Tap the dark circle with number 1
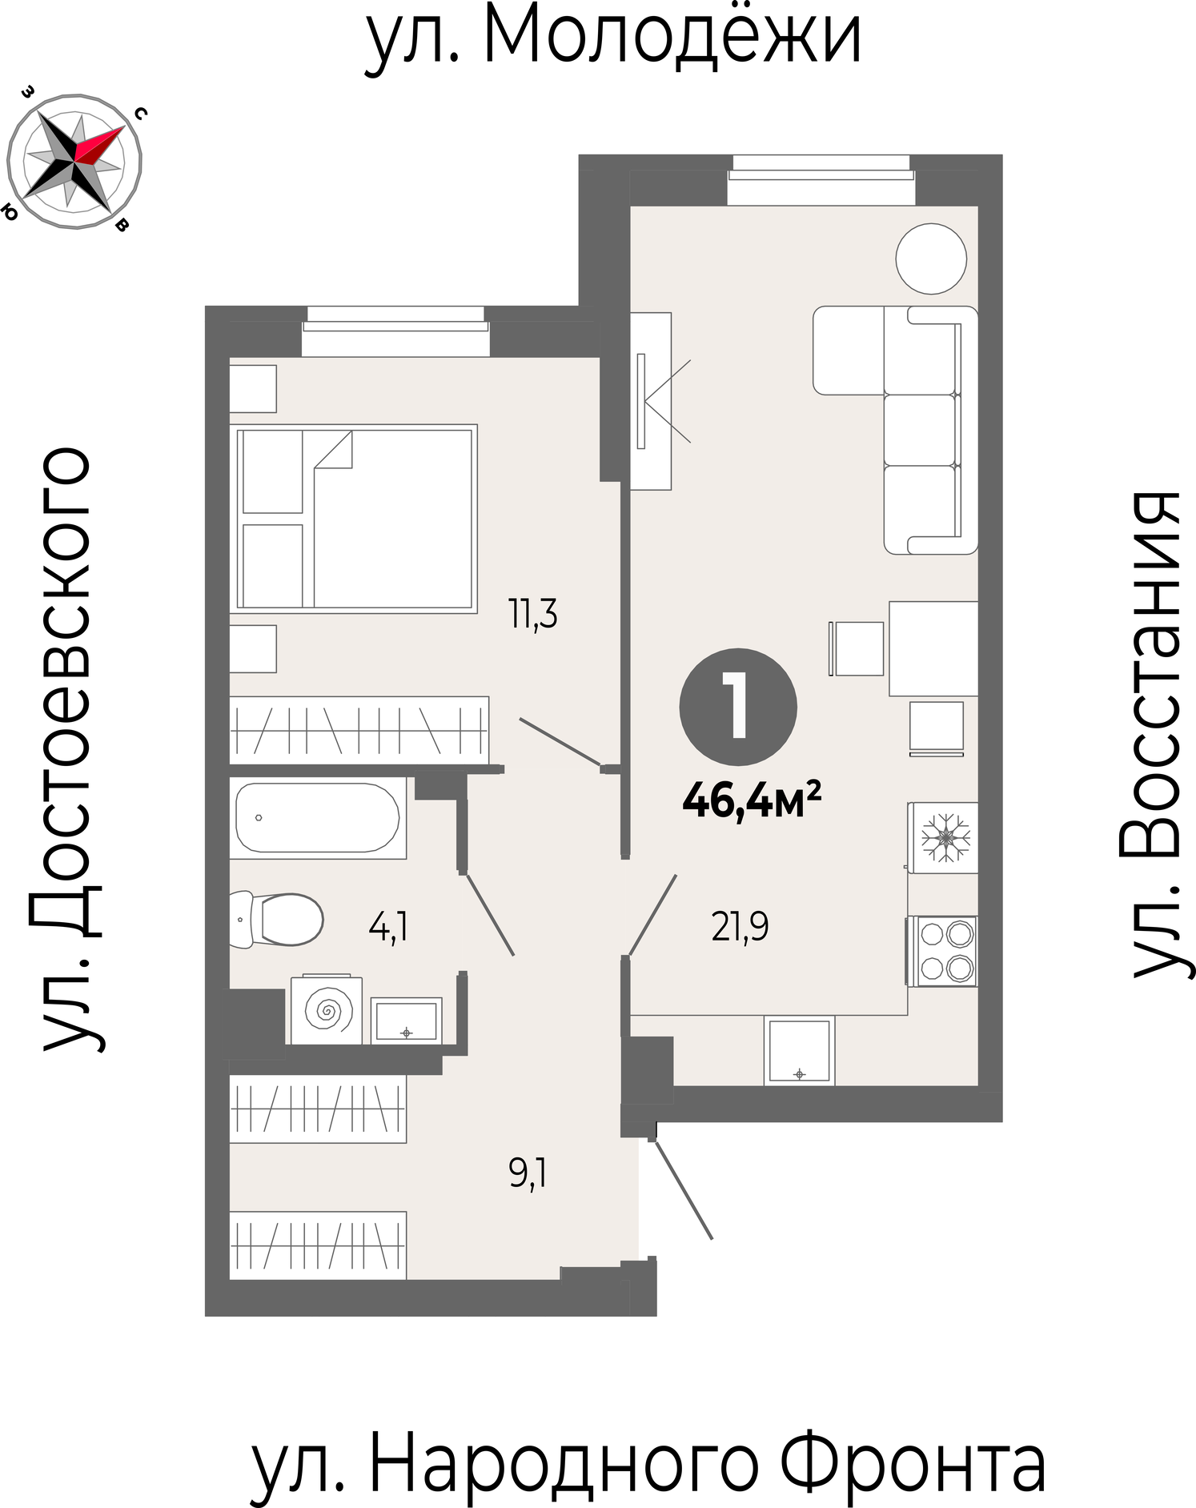[x=738, y=706]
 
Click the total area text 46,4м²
[x=752, y=800]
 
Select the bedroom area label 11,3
[x=533, y=615]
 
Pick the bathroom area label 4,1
[x=388, y=928]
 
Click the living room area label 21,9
[x=740, y=926]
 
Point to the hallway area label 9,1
[x=528, y=1173]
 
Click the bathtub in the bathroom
[x=318, y=817]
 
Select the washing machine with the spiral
[x=327, y=1010]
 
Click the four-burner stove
[x=943, y=951]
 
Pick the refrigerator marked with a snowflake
[x=943, y=837]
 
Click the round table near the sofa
[x=931, y=259]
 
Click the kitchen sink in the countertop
[x=799, y=1050]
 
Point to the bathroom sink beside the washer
[x=406, y=1021]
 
